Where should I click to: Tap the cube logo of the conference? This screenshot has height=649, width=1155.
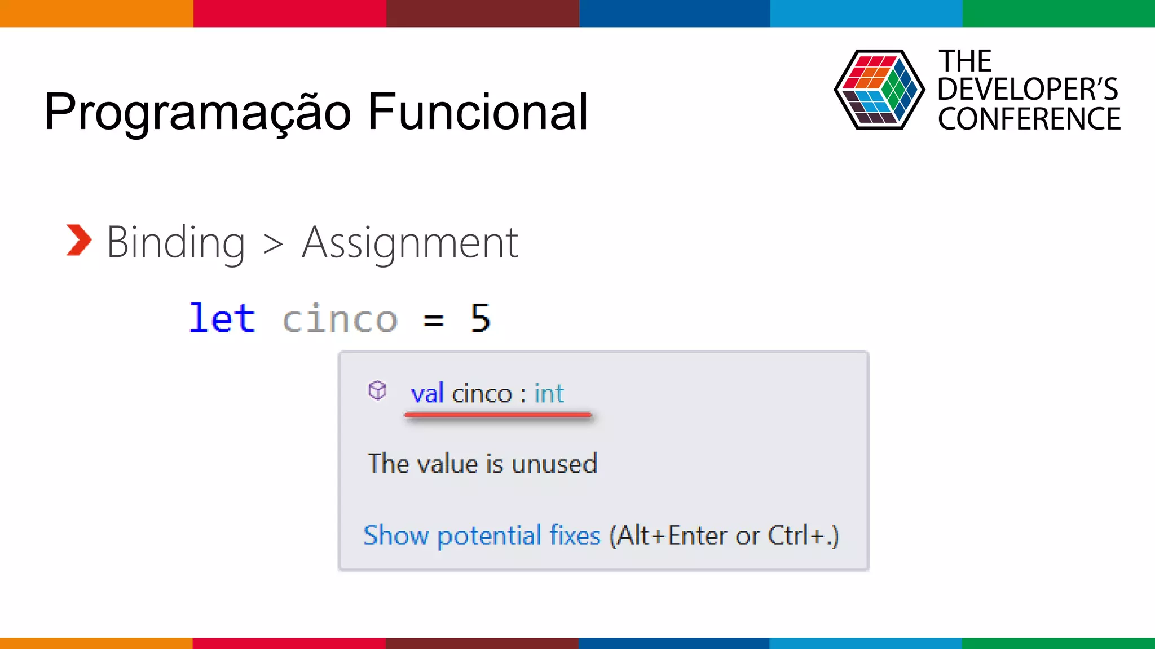point(879,90)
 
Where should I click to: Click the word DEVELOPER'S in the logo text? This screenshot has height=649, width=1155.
point(1027,90)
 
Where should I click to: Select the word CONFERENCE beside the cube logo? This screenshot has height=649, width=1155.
point(1029,119)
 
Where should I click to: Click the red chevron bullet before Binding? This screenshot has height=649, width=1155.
point(78,241)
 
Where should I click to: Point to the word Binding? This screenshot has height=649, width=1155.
point(175,243)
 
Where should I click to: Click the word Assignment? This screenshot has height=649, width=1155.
point(409,243)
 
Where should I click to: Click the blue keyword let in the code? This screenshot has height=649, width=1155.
point(222,318)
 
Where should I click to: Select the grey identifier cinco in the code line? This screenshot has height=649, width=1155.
point(340,319)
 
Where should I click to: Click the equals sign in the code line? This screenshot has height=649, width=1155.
point(433,320)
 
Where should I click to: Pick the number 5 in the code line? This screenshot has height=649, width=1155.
point(480,318)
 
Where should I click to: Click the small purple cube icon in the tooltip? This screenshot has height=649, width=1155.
point(377,390)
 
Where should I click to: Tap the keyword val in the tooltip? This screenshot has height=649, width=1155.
point(427,393)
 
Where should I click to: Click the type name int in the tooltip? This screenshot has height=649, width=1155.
point(549,393)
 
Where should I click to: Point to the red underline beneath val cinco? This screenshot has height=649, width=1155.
point(497,415)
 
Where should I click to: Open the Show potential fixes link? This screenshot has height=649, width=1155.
point(482,535)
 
